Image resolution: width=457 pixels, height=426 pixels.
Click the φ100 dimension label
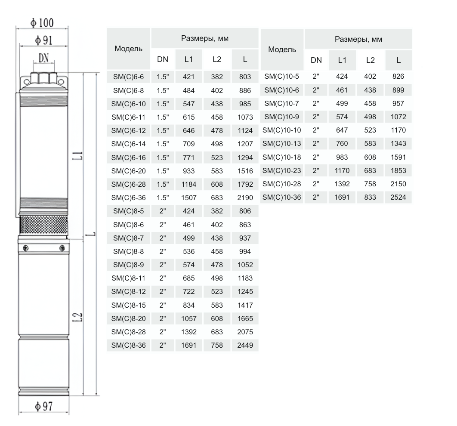tap(42, 23)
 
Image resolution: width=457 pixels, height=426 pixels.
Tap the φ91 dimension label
tap(44, 40)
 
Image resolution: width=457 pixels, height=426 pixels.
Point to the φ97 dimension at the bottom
tap(44, 406)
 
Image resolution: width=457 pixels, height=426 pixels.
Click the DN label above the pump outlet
tap(44, 58)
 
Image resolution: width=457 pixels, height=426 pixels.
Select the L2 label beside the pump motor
tap(77, 317)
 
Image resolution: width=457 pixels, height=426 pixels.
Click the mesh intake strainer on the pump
tap(44, 225)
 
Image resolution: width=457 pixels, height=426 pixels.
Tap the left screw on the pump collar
tap(26, 248)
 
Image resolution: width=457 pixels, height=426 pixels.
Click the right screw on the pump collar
tap(62, 248)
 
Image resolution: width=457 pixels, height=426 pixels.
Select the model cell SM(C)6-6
tap(129, 77)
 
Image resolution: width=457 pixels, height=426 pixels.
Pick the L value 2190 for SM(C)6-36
tap(245, 198)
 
